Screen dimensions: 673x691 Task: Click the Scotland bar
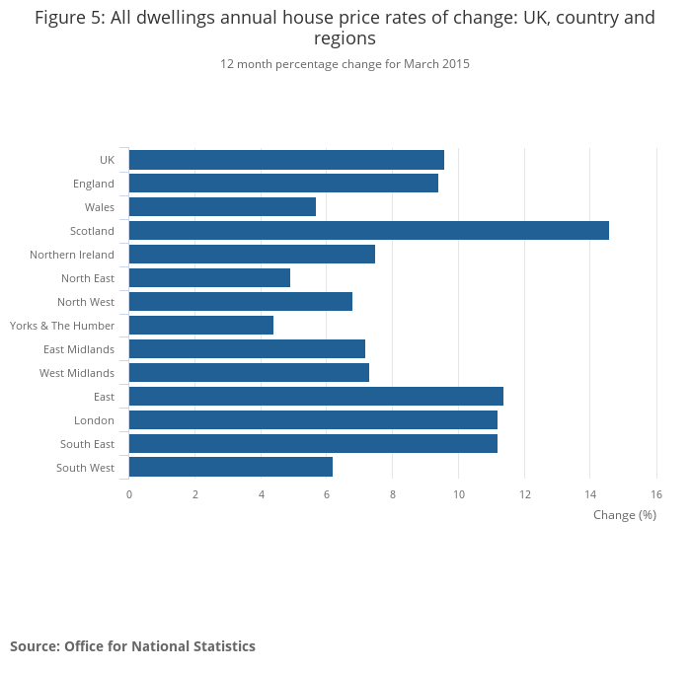(368, 231)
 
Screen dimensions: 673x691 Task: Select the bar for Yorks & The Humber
(201, 326)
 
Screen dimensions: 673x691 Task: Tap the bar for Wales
(222, 207)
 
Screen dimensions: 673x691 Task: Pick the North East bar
(209, 278)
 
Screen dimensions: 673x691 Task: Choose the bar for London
(313, 420)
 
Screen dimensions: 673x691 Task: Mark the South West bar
(231, 468)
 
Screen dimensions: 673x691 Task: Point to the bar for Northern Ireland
(252, 255)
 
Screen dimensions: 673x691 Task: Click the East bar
(316, 397)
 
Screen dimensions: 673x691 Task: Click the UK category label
(107, 160)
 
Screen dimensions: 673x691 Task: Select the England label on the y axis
(94, 184)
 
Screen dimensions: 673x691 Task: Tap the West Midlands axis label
(77, 373)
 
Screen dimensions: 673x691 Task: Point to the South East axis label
(87, 444)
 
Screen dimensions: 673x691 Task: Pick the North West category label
(86, 302)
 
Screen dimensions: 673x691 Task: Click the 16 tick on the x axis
(656, 494)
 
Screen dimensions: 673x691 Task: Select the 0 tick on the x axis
(129, 494)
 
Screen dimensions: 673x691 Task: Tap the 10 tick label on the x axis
(458, 494)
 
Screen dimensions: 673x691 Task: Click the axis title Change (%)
(624, 515)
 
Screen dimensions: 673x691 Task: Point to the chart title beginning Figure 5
(345, 28)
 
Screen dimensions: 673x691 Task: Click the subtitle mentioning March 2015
(345, 64)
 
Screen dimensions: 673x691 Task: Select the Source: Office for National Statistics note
(132, 646)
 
